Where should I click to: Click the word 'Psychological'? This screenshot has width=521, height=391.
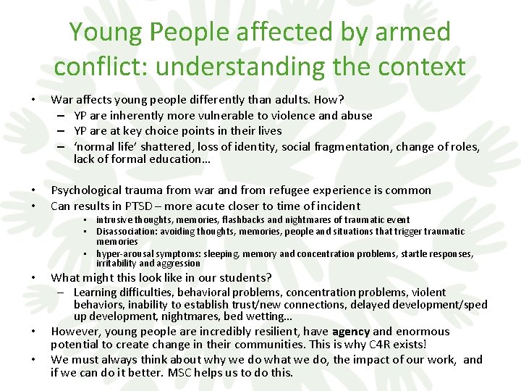point(92,190)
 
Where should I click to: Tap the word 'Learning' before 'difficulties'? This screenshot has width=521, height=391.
point(96,293)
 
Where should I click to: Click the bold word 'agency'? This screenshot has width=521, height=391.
point(351,332)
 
